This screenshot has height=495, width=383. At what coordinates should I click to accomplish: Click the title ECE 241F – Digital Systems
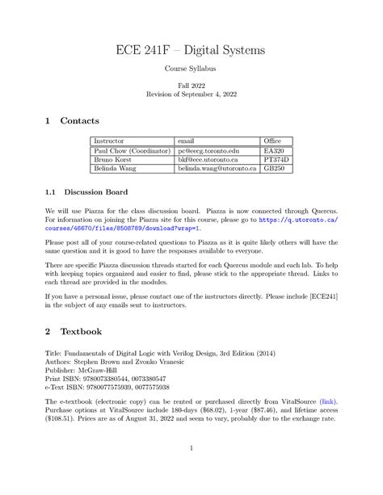(191, 51)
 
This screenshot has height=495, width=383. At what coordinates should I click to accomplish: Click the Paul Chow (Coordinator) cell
(132, 151)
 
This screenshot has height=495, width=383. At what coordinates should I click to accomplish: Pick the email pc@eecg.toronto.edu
(210, 151)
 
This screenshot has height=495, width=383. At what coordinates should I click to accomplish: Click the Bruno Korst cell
(114, 160)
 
